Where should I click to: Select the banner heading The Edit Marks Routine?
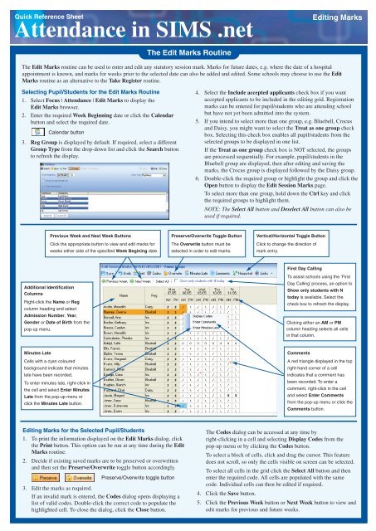coord(187,51)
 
